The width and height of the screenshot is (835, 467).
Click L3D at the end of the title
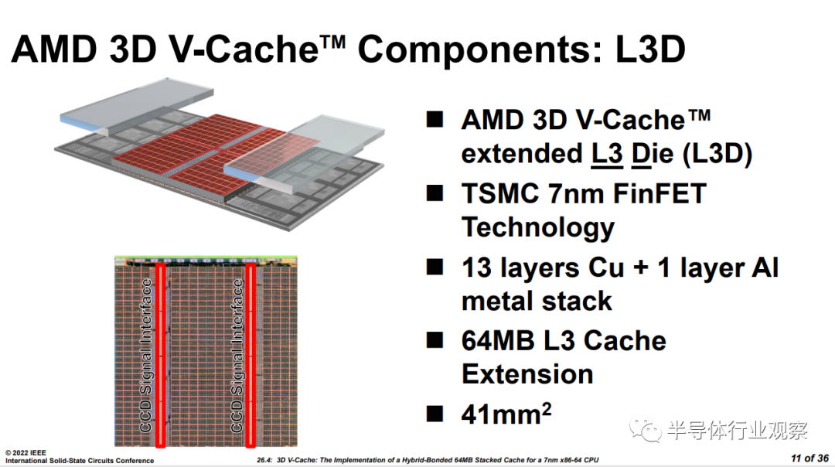(x=649, y=49)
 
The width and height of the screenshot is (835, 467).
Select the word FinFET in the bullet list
(x=659, y=193)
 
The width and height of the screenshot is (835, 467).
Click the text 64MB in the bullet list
(x=498, y=341)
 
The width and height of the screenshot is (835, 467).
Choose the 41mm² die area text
(x=506, y=414)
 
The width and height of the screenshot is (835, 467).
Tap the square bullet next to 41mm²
(x=435, y=414)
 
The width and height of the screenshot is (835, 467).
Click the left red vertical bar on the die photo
(x=160, y=355)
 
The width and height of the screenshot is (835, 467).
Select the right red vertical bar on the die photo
(x=250, y=355)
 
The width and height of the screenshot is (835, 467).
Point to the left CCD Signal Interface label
(x=146, y=355)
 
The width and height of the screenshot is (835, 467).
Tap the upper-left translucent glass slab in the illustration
(x=137, y=107)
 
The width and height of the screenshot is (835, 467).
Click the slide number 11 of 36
(x=809, y=458)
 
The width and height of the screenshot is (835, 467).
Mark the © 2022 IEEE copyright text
(x=26, y=452)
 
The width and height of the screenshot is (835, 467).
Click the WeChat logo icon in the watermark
(x=645, y=428)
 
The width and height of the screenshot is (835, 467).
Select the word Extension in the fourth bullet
(x=527, y=374)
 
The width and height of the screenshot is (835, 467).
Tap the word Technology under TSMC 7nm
(x=538, y=228)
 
